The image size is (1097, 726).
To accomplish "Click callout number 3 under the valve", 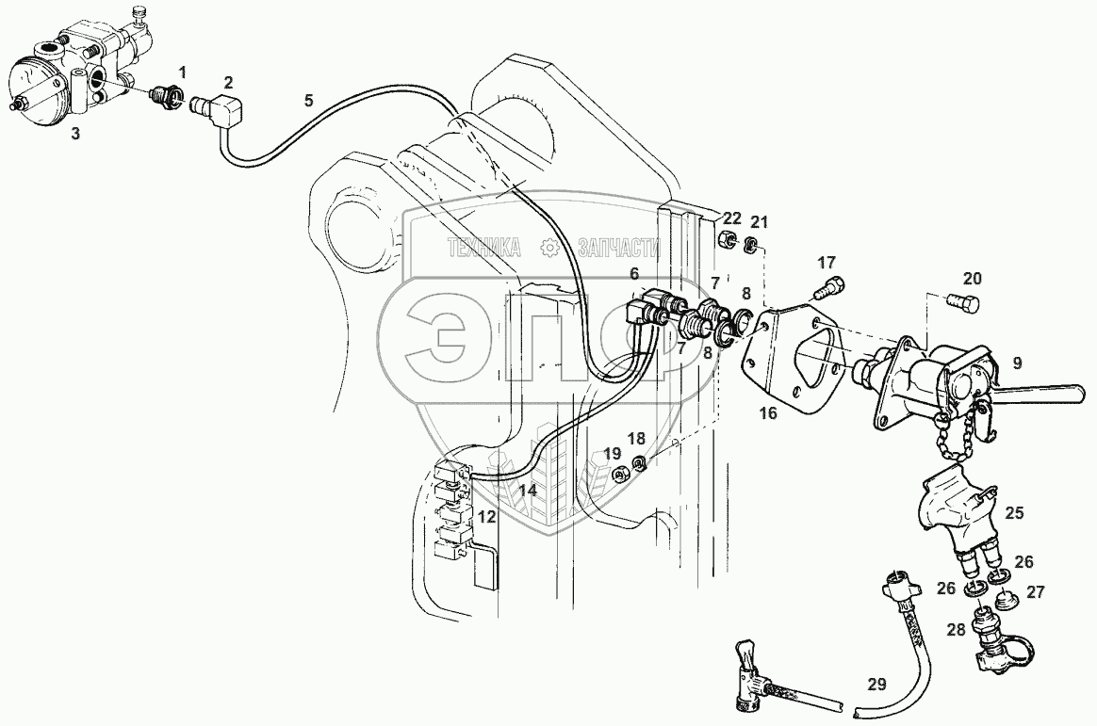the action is click(75, 134).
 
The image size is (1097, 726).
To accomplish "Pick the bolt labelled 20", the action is click(963, 303).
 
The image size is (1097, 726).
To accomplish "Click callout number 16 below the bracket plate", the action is click(768, 413).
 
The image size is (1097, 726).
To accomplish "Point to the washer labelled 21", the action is click(751, 246).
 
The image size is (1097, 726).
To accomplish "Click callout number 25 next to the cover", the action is click(1013, 514).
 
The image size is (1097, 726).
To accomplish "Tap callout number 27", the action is click(1036, 592).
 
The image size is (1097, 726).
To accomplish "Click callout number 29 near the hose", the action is click(877, 686).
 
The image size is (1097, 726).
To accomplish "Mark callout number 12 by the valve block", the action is click(486, 516).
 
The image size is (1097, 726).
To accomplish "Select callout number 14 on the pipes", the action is click(528, 490).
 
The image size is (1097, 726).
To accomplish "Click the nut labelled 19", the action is click(620, 473).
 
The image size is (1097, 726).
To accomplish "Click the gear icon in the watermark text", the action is click(549, 248).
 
